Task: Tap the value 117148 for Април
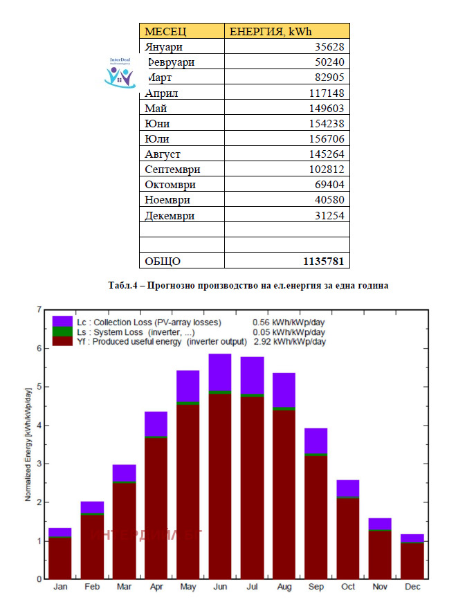(x=326, y=93)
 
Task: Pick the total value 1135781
(x=323, y=261)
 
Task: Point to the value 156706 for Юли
(x=326, y=139)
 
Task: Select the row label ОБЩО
(x=163, y=261)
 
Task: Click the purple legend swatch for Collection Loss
(x=62, y=322)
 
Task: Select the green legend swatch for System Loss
(x=62, y=331)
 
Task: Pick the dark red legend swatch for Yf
(x=62, y=341)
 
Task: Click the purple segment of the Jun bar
(x=219, y=372)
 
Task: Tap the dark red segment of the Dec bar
(x=412, y=560)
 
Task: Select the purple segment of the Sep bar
(x=316, y=441)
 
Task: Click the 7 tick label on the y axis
(x=39, y=310)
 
